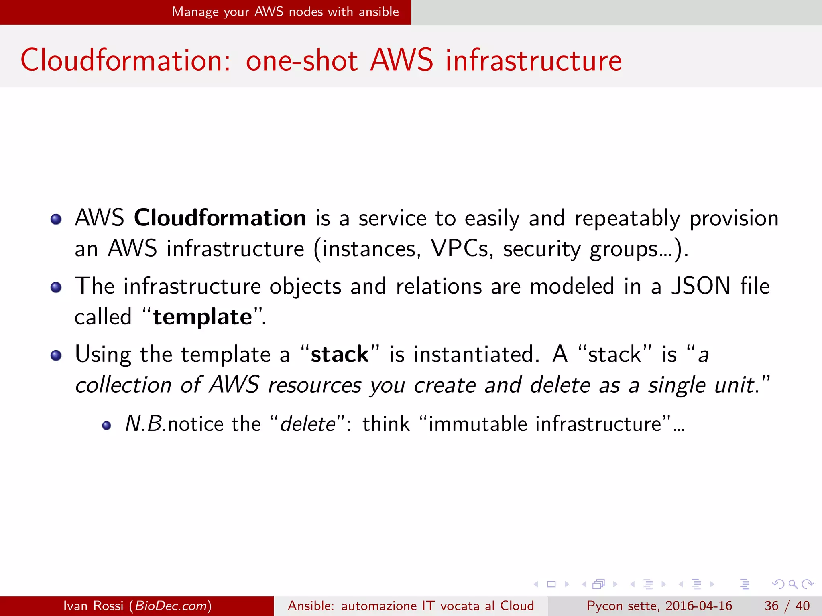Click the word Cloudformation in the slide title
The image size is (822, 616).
point(125,60)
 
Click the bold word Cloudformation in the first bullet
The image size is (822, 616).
point(220,218)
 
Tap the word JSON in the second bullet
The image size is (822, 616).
point(701,286)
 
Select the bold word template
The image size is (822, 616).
point(203,317)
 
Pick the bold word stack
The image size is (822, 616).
point(340,355)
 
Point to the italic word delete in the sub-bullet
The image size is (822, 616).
point(308,424)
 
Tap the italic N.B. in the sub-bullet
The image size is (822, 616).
point(146,424)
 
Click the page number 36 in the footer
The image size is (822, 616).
point(771,606)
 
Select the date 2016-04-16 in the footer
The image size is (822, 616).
point(699,606)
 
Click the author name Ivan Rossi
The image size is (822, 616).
point(93,606)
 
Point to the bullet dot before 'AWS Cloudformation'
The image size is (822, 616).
point(56,219)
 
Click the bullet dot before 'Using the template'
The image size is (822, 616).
point(56,355)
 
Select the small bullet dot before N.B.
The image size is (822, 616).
point(106,426)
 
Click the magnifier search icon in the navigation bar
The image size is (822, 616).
point(793,584)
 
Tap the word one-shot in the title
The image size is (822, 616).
point(301,60)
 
